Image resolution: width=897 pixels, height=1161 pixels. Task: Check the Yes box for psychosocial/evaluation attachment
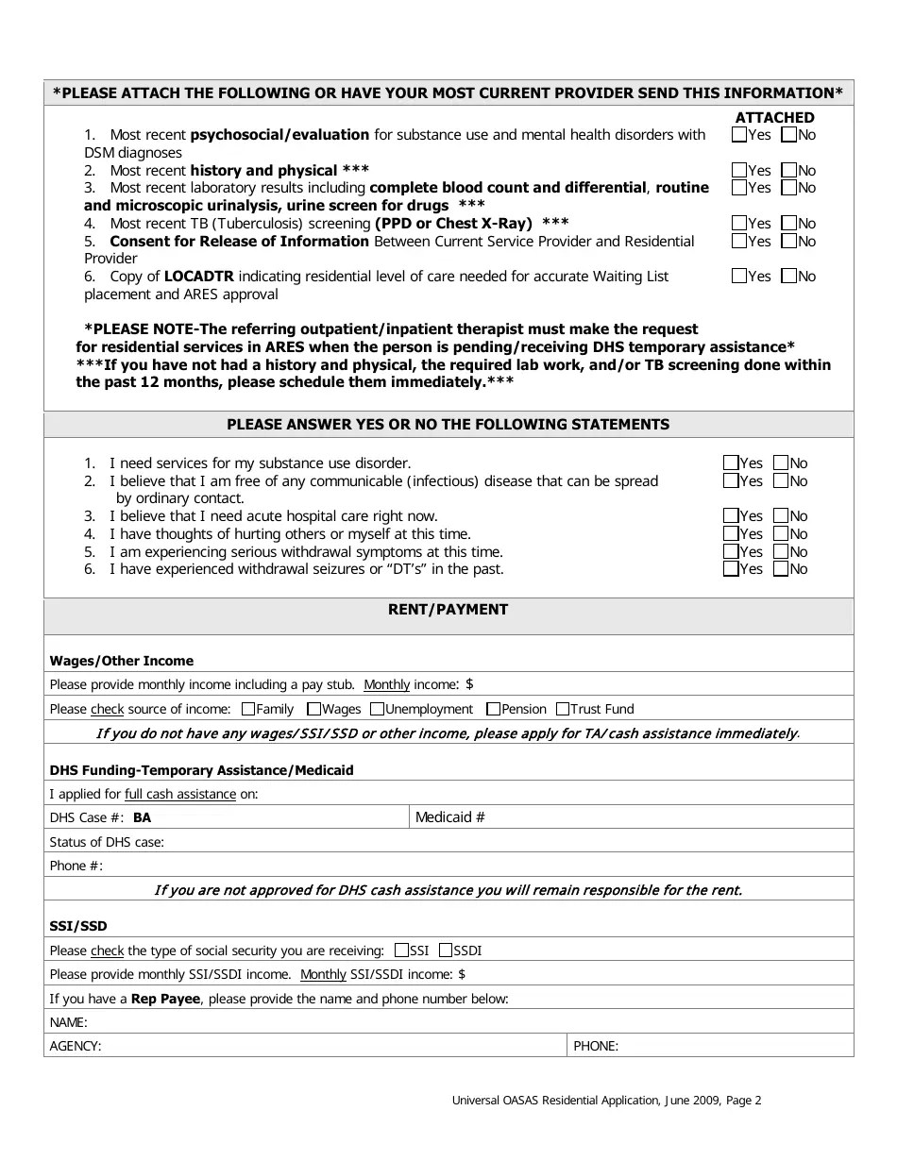739,135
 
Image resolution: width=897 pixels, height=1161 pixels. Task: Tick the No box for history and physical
788,171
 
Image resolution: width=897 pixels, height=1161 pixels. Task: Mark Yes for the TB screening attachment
739,224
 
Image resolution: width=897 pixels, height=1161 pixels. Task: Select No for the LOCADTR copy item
788,277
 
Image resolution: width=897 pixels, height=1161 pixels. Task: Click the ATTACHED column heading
774,118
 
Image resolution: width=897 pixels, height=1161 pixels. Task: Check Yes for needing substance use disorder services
731,463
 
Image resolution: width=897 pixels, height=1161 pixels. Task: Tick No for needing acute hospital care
781,516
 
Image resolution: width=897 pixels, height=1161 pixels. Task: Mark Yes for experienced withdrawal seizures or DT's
731,569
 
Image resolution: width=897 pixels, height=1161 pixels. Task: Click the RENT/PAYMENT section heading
448,610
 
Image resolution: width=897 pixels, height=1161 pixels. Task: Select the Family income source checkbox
248,709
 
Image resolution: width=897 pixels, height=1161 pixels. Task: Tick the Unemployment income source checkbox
377,709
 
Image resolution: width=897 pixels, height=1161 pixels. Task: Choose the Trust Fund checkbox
563,709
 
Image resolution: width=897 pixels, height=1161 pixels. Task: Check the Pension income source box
493,709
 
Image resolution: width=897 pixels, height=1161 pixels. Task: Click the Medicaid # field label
450,817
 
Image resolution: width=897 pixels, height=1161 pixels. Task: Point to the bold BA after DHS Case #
142,818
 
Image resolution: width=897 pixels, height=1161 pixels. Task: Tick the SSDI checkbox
447,951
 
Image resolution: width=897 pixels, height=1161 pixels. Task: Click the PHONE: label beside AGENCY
596,1046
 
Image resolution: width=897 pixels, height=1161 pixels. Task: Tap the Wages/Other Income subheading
121,661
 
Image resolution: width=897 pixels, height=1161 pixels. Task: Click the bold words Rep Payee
166,999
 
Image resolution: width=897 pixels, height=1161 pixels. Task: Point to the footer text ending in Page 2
606,1100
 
